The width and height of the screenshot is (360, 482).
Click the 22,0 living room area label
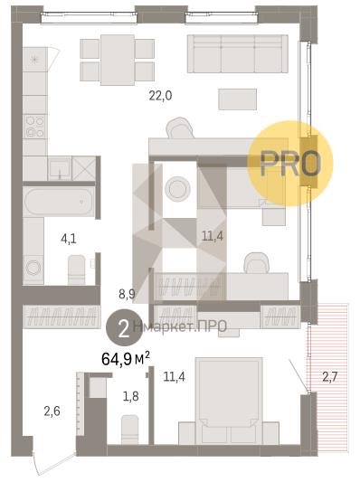160,96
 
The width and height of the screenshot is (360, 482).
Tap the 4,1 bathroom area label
69,239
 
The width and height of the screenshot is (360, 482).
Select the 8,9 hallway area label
127,295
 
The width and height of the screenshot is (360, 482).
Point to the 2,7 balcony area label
330,376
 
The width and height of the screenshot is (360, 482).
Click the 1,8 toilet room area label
130,397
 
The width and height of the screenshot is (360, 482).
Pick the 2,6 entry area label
52,411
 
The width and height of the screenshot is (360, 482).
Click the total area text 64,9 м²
126,359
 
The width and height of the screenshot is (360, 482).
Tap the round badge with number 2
124,330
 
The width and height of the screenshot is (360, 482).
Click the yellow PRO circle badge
290,164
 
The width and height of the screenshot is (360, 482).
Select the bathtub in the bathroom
59,203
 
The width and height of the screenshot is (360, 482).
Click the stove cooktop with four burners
34,127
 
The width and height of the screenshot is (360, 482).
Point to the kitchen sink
60,168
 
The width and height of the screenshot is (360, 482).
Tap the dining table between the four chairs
118,60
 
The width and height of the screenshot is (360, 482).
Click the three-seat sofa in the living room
238,53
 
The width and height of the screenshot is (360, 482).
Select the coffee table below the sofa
237,99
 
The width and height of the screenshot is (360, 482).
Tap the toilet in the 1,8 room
129,430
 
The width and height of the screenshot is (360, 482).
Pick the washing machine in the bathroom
33,269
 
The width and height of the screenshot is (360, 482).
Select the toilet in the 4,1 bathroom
76,269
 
